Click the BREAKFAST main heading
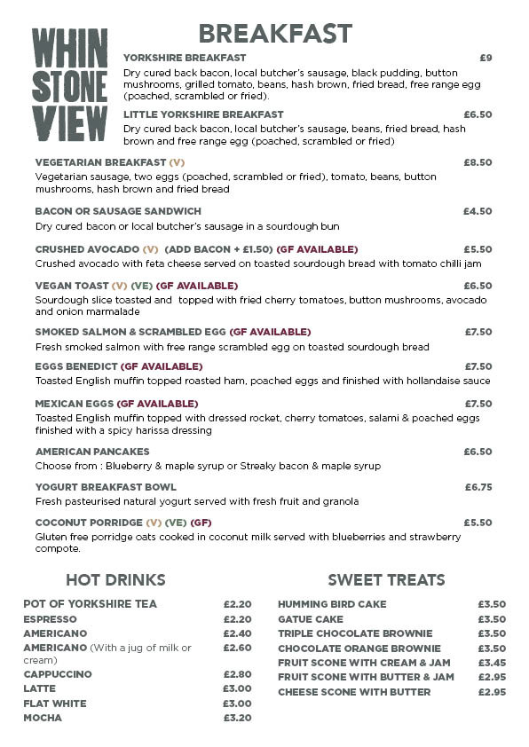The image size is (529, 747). click(275, 34)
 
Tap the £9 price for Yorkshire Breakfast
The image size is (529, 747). click(485, 58)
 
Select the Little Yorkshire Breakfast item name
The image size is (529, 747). click(203, 114)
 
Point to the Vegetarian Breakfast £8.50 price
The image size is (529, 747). click(478, 163)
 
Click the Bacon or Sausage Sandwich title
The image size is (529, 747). click(118, 211)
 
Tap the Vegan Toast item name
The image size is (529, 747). click(71, 286)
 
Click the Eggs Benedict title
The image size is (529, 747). click(76, 366)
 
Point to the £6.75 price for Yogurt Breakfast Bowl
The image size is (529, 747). click(478, 487)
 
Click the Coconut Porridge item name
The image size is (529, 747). click(88, 523)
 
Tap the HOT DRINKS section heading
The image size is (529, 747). click(115, 580)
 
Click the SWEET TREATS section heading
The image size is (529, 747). click(386, 580)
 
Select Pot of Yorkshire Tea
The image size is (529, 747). click(90, 604)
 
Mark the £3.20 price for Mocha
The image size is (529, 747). click(237, 718)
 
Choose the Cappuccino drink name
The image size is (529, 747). click(57, 674)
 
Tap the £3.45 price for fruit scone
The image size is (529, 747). click(491, 663)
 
